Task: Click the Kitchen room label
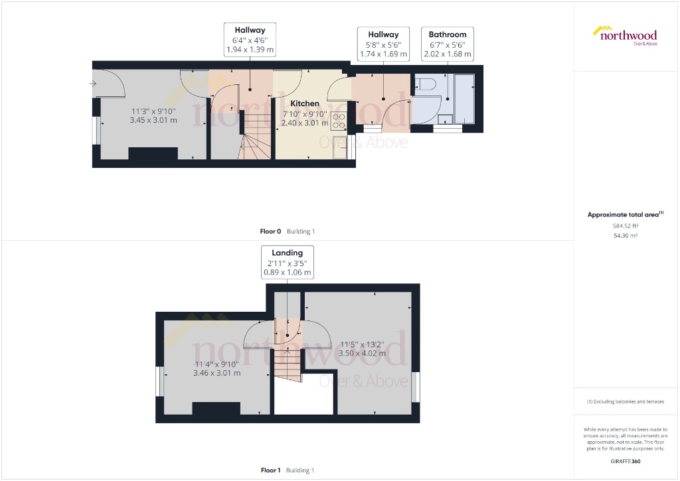click(x=305, y=103)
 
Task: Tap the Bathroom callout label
click(x=447, y=34)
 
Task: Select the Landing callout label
click(x=287, y=253)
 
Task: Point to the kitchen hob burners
click(x=339, y=120)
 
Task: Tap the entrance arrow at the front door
click(x=94, y=84)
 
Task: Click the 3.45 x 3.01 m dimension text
click(x=154, y=120)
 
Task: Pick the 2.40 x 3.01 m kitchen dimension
click(x=305, y=123)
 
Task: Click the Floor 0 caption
click(x=272, y=232)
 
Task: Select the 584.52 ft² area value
click(x=626, y=226)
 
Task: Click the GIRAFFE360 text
click(x=626, y=461)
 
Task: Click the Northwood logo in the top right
click(x=624, y=36)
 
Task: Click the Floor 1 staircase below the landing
click(x=287, y=364)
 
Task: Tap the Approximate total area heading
click(x=625, y=214)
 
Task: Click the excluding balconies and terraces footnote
click(x=625, y=401)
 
